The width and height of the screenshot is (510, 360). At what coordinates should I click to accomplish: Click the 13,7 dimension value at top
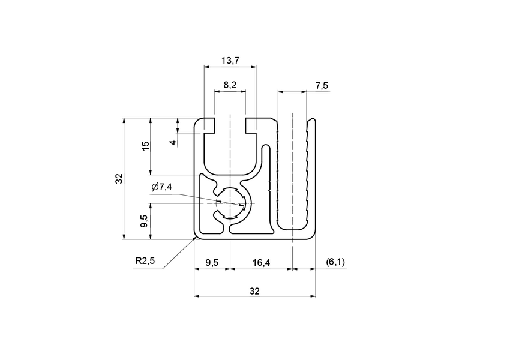(x=230, y=60)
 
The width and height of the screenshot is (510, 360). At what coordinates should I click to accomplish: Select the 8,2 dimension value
(x=230, y=86)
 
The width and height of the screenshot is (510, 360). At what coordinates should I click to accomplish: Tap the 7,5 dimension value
(x=322, y=86)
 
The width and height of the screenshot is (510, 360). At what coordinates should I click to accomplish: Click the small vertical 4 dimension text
(x=172, y=142)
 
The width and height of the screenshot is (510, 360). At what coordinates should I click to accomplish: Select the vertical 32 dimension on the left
(x=119, y=178)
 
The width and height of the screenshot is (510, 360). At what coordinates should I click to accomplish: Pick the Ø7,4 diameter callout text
(x=161, y=187)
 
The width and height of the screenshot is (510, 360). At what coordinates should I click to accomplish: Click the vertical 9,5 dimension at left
(x=145, y=221)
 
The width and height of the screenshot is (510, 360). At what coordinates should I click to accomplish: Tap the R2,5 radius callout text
(x=145, y=261)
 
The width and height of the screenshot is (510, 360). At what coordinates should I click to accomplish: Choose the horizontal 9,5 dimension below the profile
(x=211, y=262)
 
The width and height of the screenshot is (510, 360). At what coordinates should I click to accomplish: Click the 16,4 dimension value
(x=261, y=262)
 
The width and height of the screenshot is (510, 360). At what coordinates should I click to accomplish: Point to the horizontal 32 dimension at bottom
(x=254, y=291)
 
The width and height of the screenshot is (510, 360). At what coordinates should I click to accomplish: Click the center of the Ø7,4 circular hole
(x=230, y=203)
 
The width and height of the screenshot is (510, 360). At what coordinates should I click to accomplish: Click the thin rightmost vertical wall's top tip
(x=314, y=120)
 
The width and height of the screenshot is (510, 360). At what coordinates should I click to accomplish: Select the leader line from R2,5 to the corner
(x=177, y=254)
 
